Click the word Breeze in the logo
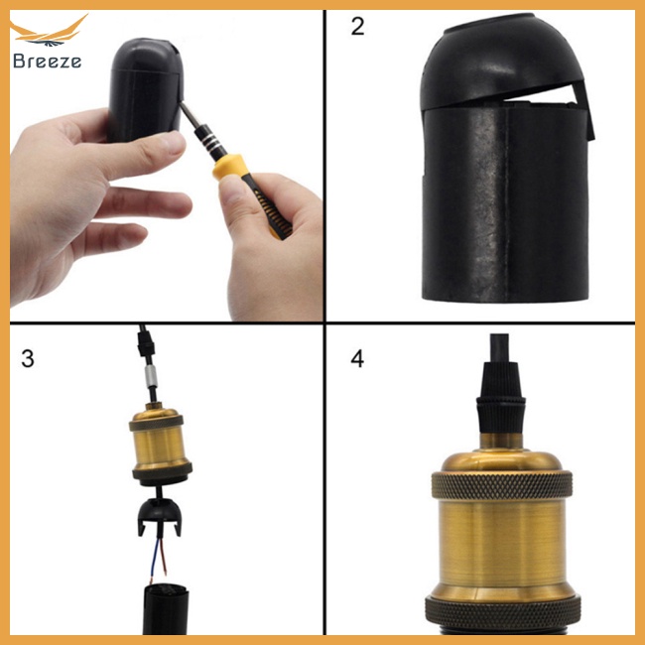47,61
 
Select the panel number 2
357,27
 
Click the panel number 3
28,358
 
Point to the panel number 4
357,358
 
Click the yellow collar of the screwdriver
228,166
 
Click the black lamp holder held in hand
145,88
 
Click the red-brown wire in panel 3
164,556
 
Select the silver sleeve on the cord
151,375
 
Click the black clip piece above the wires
159,516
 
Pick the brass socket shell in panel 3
161,444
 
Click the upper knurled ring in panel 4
502,486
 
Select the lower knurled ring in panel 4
503,613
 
